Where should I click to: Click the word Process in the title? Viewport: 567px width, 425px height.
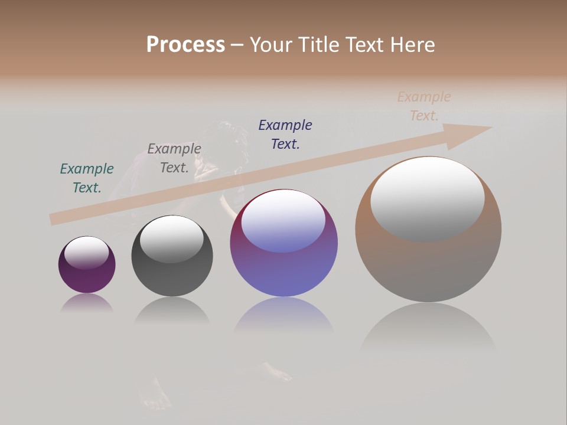(x=185, y=44)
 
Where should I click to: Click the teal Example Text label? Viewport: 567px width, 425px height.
(x=87, y=178)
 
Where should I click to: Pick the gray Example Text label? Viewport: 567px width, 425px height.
(x=174, y=158)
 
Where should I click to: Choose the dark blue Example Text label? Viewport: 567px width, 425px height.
(x=285, y=134)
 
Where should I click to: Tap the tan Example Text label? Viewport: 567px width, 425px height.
(x=424, y=106)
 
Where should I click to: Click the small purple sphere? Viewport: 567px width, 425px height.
(x=87, y=277)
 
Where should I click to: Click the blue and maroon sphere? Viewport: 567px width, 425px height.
(x=283, y=272)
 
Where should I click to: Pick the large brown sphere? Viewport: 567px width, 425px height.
(x=428, y=266)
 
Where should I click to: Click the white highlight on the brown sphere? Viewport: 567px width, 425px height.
(x=428, y=198)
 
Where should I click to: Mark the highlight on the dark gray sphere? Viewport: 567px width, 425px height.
(x=172, y=238)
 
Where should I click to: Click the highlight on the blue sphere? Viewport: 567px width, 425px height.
(x=283, y=220)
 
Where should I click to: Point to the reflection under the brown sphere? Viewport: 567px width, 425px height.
(x=428, y=328)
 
